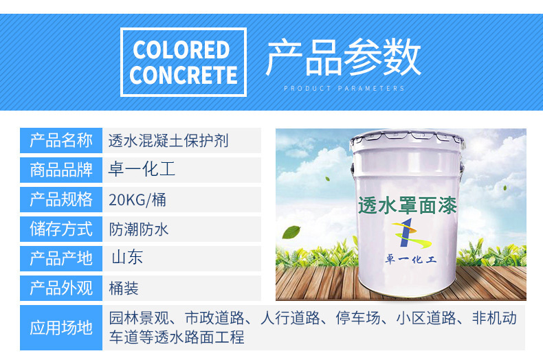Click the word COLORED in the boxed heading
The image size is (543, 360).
(x=181, y=50)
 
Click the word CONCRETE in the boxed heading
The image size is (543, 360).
(x=184, y=75)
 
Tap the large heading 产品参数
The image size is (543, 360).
(x=343, y=58)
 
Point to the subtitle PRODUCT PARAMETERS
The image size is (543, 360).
(x=344, y=88)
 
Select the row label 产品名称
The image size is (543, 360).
(x=61, y=140)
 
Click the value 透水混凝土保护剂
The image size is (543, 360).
(x=168, y=141)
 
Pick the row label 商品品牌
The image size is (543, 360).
(x=61, y=170)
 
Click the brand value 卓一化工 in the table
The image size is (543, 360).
(x=142, y=169)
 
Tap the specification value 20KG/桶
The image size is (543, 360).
(x=137, y=200)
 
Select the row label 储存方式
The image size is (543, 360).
(x=61, y=229)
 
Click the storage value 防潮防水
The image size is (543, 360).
(x=139, y=229)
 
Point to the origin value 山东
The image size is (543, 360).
(x=127, y=257)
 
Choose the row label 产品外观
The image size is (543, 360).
(x=61, y=288)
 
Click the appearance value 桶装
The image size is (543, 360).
(x=124, y=288)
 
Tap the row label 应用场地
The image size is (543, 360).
(x=61, y=328)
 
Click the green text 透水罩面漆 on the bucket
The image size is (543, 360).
(x=408, y=205)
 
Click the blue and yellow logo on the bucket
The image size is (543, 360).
(x=412, y=234)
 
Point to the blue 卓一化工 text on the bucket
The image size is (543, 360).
(x=411, y=259)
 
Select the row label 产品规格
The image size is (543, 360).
(x=61, y=200)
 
